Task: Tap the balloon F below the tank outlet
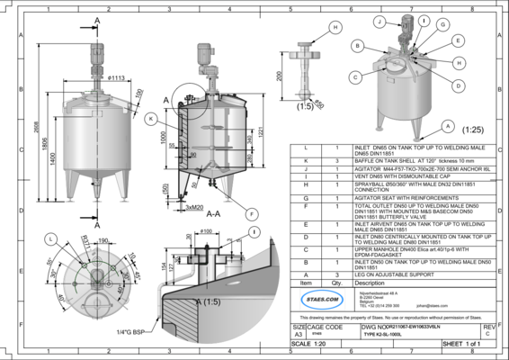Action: click(250, 212)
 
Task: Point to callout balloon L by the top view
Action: click(51, 238)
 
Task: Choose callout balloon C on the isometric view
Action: click(357, 76)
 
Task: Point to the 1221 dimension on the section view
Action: click(262, 131)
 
